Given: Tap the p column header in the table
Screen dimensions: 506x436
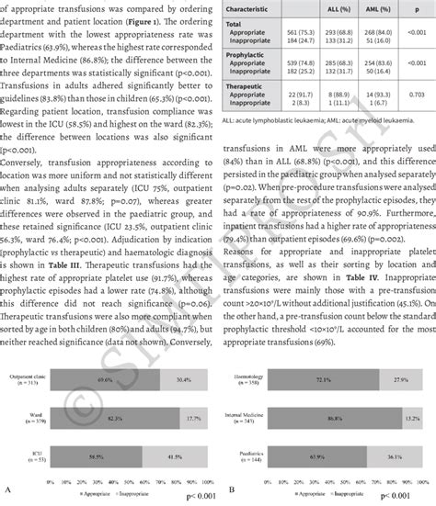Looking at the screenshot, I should [421, 6].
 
